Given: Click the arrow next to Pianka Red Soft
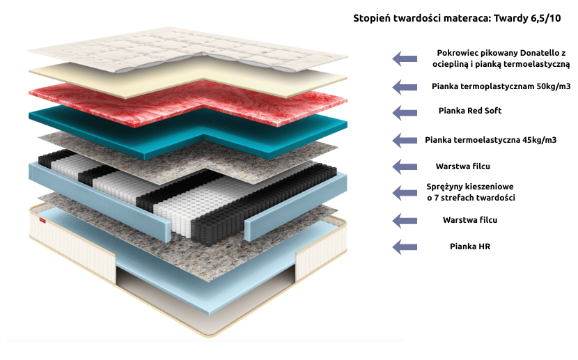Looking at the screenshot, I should click(x=405, y=111).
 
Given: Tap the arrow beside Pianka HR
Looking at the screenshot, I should click(x=405, y=246).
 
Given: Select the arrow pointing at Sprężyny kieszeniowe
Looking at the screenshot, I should click(x=405, y=193).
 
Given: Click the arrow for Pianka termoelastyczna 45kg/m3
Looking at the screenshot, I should click(x=405, y=140).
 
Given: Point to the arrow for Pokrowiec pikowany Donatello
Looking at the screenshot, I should click(x=405, y=58).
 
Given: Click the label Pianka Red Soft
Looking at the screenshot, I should click(x=469, y=111).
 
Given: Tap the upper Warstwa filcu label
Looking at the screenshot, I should click(x=464, y=166).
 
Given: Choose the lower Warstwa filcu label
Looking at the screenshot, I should click(x=470, y=220).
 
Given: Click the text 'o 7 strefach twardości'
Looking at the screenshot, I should click(x=470, y=198).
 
